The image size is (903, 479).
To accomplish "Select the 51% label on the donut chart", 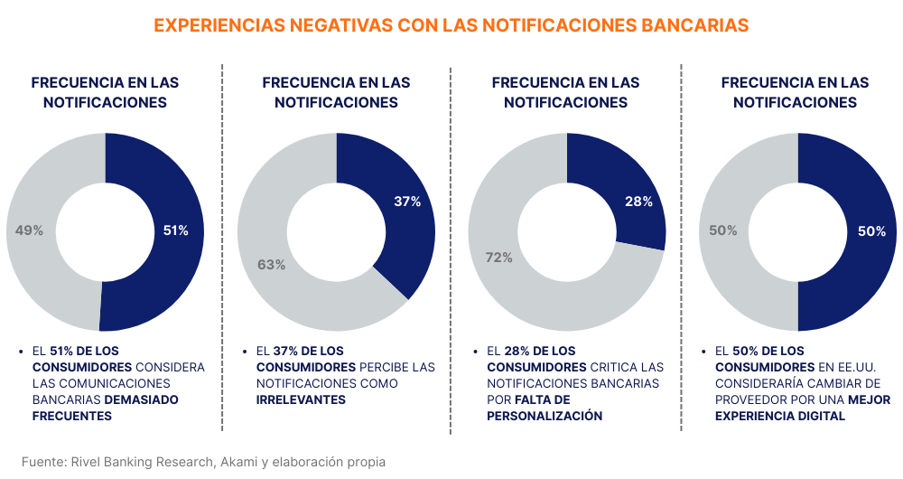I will (175, 230).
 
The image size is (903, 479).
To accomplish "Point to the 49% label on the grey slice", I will (30, 230).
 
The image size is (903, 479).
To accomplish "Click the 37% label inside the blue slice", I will (407, 202).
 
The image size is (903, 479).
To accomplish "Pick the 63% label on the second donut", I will (271, 265).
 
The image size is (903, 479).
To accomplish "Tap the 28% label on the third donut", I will (638, 202).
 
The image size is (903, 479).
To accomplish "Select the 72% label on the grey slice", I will (498, 258).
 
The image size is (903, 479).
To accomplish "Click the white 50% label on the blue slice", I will (871, 231).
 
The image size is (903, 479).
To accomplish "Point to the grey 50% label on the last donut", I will (722, 230).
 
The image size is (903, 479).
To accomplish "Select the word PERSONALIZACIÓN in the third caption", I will (545, 416).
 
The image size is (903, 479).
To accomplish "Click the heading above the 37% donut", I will (336, 92).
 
